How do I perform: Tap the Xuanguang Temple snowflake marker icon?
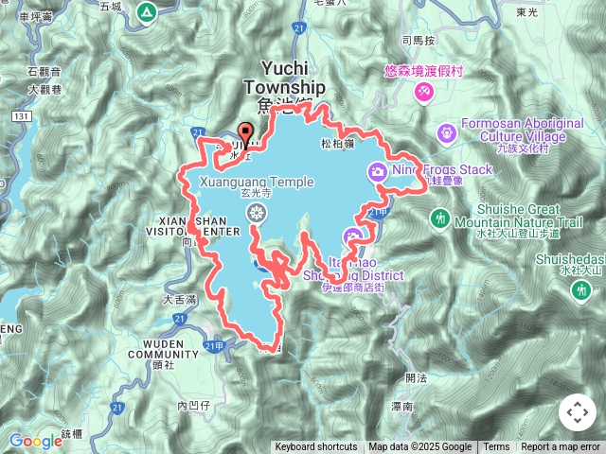(x=255, y=215)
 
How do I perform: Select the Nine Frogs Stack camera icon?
(x=378, y=171)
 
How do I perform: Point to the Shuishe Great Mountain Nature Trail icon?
(x=439, y=218)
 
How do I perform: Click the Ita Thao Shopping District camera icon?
(x=352, y=236)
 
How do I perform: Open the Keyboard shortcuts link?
(x=316, y=447)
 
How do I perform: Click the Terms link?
(x=496, y=447)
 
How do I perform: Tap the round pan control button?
(x=577, y=412)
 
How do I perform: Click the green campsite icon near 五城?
(x=146, y=13)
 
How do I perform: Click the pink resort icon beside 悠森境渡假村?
(x=423, y=91)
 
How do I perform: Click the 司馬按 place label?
(x=419, y=41)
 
